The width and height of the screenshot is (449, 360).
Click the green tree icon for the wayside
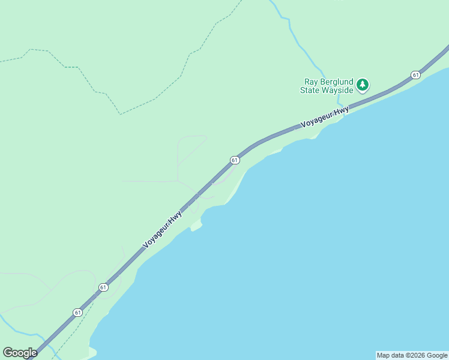pyautogui.click(x=362, y=85)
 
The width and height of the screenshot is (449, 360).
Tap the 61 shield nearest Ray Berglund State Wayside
pyautogui.click(x=415, y=74)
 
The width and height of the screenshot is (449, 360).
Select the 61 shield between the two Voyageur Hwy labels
pyautogui.click(x=235, y=160)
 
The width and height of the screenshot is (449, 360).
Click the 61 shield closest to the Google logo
pyautogui.click(x=77, y=313)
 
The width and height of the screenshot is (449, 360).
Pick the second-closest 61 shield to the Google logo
pyautogui.click(x=103, y=287)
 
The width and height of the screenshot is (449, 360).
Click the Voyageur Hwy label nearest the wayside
pyautogui.click(x=325, y=116)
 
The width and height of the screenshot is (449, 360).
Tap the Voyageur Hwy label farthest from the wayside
pyautogui.click(x=163, y=229)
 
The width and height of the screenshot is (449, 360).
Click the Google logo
pyautogui.click(x=20, y=352)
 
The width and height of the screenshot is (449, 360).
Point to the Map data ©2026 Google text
pyautogui.click(x=412, y=355)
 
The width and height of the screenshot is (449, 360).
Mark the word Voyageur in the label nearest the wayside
pyautogui.click(x=316, y=120)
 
